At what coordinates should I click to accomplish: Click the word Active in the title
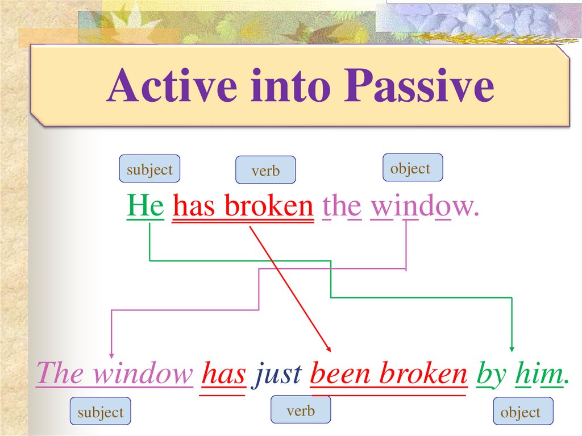[172, 85]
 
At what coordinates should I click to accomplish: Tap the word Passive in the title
[419, 85]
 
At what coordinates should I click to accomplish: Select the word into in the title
[290, 85]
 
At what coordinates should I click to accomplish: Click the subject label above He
[149, 169]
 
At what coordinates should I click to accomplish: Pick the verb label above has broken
[265, 170]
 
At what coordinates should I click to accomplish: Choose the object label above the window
[413, 168]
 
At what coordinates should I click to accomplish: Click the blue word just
[277, 373]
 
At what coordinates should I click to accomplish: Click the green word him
[539, 373]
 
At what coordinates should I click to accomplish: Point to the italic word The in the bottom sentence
[60, 373]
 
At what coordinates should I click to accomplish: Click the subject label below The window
[100, 411]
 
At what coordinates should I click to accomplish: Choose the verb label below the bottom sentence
[301, 410]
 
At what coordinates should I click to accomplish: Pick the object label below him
[523, 411]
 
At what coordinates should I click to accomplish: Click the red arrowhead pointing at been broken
[329, 348]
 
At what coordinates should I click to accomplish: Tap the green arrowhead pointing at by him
[512, 350]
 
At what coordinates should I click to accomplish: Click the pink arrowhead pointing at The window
[111, 356]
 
